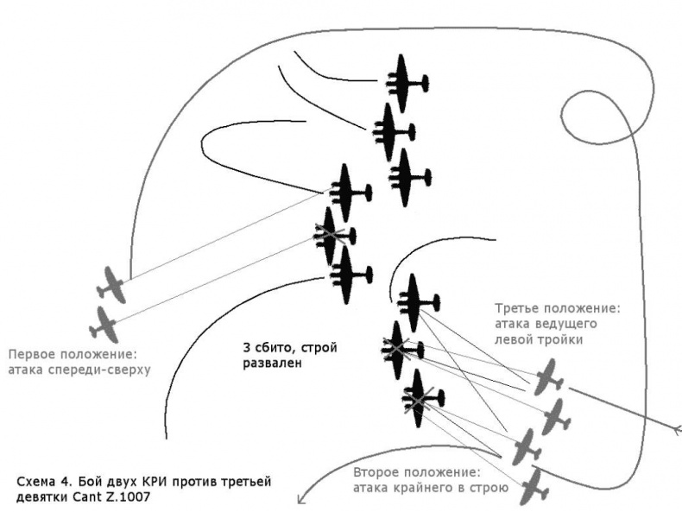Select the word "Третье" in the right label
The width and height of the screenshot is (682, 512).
click(x=519, y=308)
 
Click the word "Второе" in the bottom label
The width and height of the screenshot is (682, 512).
click(x=378, y=474)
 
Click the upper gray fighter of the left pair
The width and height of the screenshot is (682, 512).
click(x=113, y=284)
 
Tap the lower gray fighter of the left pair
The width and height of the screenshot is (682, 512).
click(x=104, y=324)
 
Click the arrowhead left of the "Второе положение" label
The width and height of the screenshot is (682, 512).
click(x=301, y=498)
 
